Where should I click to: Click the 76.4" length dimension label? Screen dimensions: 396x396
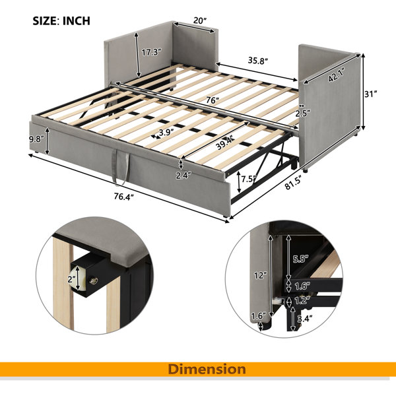(123, 196)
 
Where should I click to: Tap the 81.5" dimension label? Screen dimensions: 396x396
(294, 183)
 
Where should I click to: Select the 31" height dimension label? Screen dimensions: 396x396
(371, 94)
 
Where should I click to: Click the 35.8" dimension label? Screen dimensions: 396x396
(257, 61)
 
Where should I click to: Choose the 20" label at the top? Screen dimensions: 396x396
(200, 20)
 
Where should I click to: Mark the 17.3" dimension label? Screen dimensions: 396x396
(151, 53)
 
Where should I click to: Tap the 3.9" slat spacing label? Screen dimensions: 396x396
(166, 133)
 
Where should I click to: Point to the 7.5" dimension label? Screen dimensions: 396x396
(249, 180)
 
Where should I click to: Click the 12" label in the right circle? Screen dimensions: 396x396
(261, 275)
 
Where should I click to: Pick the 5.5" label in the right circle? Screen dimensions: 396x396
(301, 259)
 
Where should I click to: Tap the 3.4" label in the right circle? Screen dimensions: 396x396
(304, 319)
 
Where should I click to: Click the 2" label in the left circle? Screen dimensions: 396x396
(71, 279)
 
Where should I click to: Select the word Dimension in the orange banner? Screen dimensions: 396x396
(207, 369)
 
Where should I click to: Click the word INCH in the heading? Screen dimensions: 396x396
(77, 20)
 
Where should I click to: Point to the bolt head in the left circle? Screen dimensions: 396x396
(94, 280)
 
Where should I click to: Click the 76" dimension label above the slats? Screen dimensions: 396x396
(212, 100)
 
